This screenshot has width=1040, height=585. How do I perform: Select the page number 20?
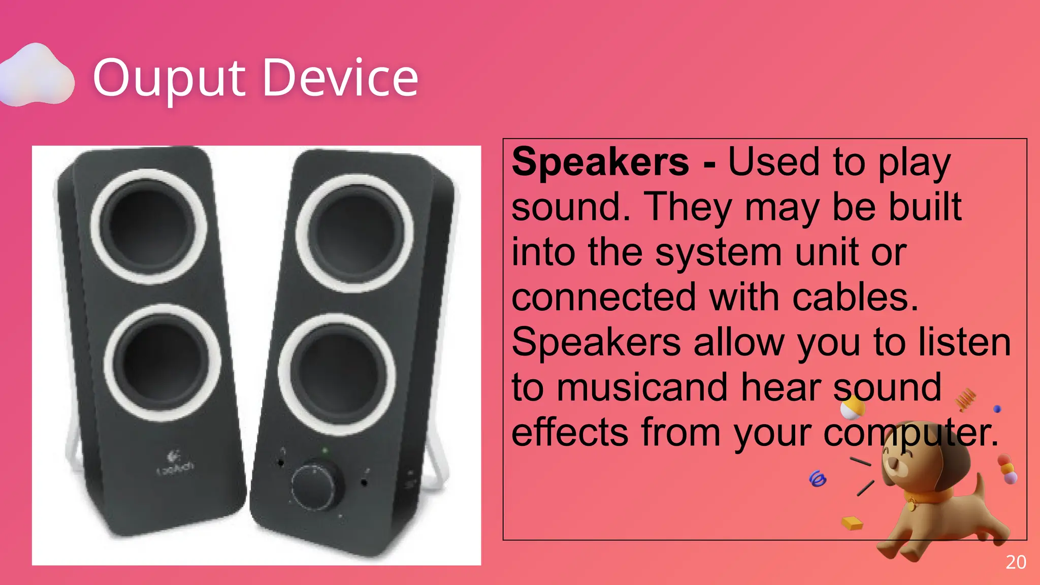point(1016,562)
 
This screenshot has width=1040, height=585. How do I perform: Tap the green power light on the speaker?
point(325,450)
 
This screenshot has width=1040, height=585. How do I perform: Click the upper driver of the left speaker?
point(149,226)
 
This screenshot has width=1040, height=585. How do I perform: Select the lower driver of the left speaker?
point(162,364)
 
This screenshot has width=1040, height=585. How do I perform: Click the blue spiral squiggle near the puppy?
point(817,478)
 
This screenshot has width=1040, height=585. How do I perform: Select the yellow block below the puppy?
point(852,523)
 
